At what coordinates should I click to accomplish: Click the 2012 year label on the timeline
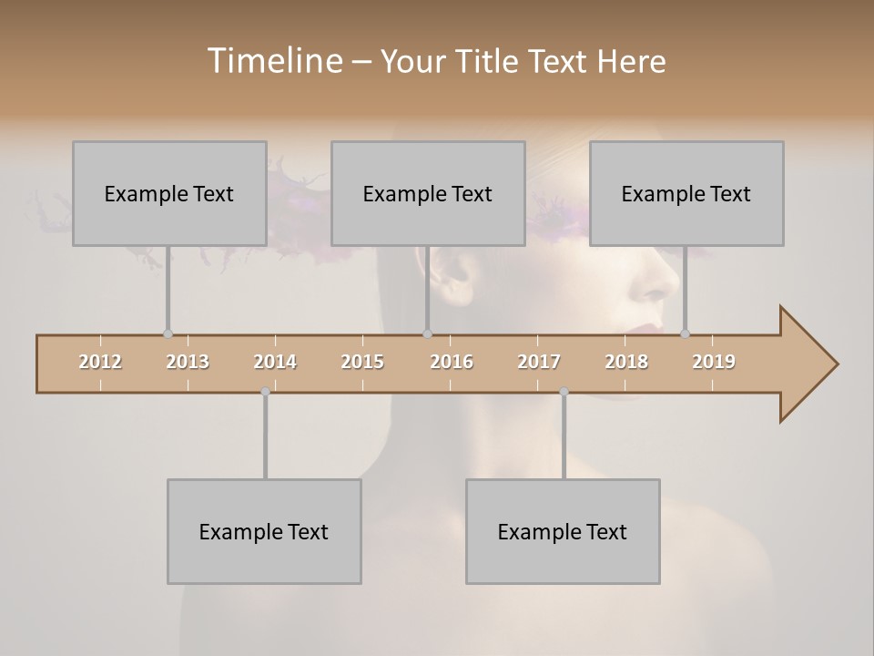pyautogui.click(x=100, y=362)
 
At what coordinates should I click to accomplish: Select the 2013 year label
pyautogui.click(x=188, y=362)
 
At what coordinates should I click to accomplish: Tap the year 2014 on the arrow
pyautogui.click(x=275, y=362)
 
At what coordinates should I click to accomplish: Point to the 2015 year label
pyautogui.click(x=362, y=362)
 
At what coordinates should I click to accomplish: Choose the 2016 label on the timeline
pyautogui.click(x=452, y=362)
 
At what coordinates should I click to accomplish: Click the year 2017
pyautogui.click(x=539, y=362)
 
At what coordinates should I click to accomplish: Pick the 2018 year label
pyautogui.click(x=626, y=362)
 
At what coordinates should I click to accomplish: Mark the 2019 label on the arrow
pyautogui.click(x=714, y=362)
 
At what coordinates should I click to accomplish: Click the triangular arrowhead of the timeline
pyautogui.click(x=807, y=364)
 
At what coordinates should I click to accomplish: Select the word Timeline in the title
pyautogui.click(x=273, y=61)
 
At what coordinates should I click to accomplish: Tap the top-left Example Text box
pyautogui.click(x=169, y=193)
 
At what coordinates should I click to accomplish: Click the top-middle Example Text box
pyautogui.click(x=428, y=193)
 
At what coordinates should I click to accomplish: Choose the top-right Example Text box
pyautogui.click(x=686, y=193)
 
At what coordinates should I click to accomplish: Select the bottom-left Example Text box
pyautogui.click(x=264, y=531)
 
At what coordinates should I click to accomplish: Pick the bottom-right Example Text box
pyautogui.click(x=563, y=531)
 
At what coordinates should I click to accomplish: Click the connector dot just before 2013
pyautogui.click(x=168, y=334)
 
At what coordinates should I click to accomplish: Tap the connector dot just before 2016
pyautogui.click(x=428, y=334)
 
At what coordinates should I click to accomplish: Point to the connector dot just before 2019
pyautogui.click(x=685, y=334)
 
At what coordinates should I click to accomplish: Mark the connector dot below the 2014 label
pyautogui.click(x=265, y=392)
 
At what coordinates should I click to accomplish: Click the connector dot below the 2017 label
pyautogui.click(x=564, y=392)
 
